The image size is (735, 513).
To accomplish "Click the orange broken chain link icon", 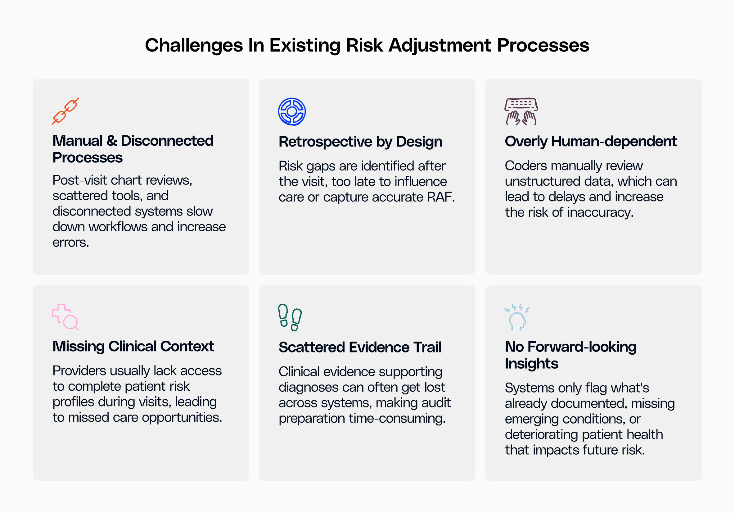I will (65, 111).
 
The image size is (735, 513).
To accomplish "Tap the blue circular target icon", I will (292, 111).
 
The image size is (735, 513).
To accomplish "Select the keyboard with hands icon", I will (521, 111).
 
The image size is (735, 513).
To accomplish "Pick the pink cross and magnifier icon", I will (65, 317).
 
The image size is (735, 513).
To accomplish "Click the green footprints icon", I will (290, 317).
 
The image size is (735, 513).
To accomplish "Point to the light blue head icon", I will (517, 317).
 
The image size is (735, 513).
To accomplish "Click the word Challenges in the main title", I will (194, 45).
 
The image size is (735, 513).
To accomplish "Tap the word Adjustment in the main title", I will (440, 45).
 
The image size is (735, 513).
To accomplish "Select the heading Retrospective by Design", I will (360, 142).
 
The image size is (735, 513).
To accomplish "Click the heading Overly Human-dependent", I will (591, 141).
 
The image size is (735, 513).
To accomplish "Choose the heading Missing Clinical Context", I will (133, 347).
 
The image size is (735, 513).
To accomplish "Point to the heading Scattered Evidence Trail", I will (360, 347).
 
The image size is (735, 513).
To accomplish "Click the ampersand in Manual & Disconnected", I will (112, 141).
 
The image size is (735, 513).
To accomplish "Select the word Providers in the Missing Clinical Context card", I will (79, 371).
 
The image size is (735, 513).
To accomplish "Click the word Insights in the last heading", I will (531, 364).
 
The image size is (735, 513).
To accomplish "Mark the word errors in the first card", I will (70, 243).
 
